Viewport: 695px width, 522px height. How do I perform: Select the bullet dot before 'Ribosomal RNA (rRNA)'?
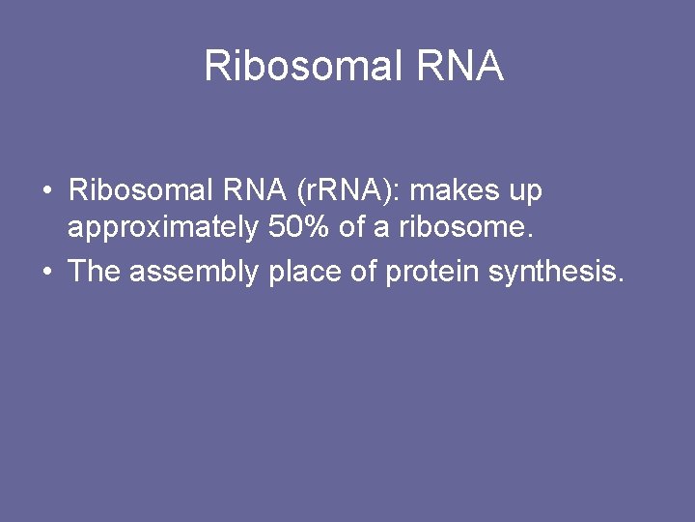[x=47, y=191]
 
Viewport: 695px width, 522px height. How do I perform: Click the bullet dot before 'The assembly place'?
[x=47, y=273]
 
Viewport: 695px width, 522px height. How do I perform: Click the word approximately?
[x=161, y=229]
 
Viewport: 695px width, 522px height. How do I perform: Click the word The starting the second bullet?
[x=94, y=272]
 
